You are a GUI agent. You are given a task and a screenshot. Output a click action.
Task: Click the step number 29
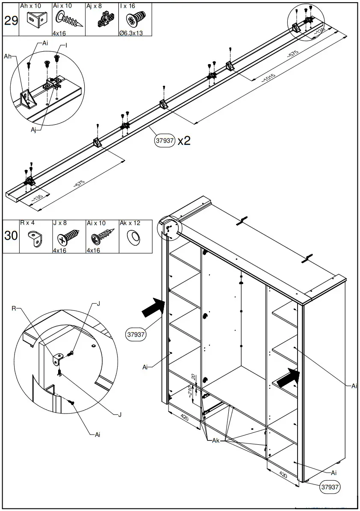tap(11, 21)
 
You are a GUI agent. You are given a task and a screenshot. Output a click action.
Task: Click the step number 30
tap(11, 236)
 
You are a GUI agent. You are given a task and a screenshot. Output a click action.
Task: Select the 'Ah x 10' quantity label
tap(31, 6)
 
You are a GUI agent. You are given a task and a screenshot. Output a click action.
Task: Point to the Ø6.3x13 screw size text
tap(131, 33)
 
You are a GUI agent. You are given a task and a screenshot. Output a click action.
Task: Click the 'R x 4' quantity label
tap(27, 223)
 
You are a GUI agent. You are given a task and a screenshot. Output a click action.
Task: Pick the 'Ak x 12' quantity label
tap(130, 223)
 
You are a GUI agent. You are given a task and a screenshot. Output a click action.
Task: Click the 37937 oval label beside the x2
tap(165, 141)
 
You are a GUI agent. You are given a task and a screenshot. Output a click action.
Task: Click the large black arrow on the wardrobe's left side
tap(153, 308)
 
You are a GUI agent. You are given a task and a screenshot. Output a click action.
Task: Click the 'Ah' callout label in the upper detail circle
tap(8, 56)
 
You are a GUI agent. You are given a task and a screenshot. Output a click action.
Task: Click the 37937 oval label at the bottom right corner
tap(330, 486)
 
